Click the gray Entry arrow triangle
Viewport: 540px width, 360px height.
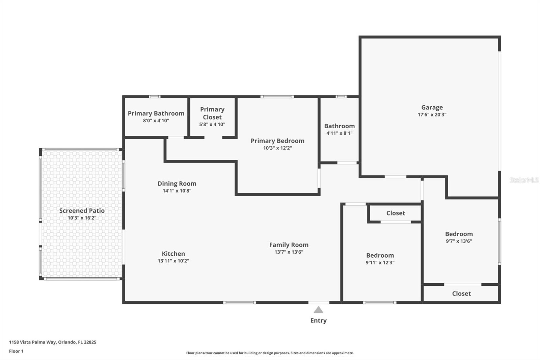[318, 310]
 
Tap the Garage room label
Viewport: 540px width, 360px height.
[432, 107]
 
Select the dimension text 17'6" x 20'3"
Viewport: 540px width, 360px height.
[432, 114]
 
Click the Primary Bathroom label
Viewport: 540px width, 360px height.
[156, 113]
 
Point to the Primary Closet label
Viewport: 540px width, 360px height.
[212, 113]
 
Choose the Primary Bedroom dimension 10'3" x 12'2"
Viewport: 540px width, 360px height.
[277, 148]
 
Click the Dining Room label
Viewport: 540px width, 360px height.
[177, 184]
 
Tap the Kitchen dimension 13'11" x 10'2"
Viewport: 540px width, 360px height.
[173, 261]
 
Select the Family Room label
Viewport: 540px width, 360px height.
[289, 245]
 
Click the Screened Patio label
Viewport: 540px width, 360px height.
[82, 211]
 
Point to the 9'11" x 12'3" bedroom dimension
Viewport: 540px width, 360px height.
[380, 262]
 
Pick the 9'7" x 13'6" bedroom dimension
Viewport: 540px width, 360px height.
[459, 241]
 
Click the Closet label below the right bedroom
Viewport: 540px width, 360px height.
[461, 293]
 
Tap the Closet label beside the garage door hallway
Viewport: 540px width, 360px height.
[396, 213]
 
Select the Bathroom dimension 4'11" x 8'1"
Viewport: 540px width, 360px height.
[340, 133]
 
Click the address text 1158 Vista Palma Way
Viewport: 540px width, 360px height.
[32, 342]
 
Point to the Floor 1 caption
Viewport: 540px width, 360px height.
[16, 351]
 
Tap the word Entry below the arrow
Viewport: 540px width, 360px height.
[319, 321]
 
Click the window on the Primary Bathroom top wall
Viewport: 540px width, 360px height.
[155, 97]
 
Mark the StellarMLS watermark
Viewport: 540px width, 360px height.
[524, 180]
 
